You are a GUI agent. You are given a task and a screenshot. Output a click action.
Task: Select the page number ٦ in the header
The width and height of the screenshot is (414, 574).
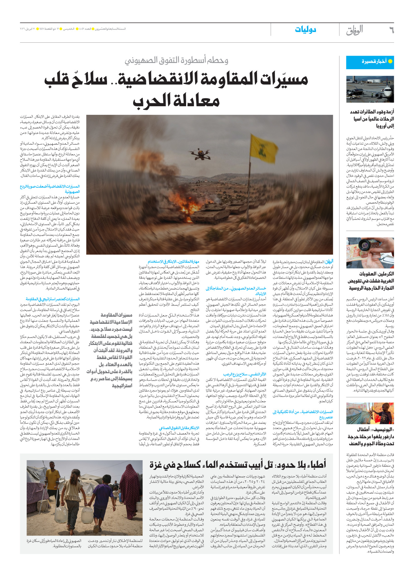pos(391,30)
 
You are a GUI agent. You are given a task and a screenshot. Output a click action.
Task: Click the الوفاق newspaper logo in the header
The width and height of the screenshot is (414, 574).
pos(354,30)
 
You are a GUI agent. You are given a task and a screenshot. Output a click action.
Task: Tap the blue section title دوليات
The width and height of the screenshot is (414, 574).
pos(305,30)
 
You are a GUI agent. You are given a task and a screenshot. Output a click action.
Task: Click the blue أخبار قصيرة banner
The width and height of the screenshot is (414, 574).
pos(370,62)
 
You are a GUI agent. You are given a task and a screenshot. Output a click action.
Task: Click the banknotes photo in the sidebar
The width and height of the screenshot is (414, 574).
pos(370,253)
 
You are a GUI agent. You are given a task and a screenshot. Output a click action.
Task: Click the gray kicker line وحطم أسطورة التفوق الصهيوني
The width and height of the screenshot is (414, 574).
pos(177,60)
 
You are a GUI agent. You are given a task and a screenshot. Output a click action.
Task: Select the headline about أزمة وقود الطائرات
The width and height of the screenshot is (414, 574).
pos(372,119)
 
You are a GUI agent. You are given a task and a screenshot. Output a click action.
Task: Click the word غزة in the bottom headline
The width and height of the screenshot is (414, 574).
pos(158,465)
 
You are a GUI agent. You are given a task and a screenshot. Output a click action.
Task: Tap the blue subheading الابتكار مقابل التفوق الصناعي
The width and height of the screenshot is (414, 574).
pos(179,428)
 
